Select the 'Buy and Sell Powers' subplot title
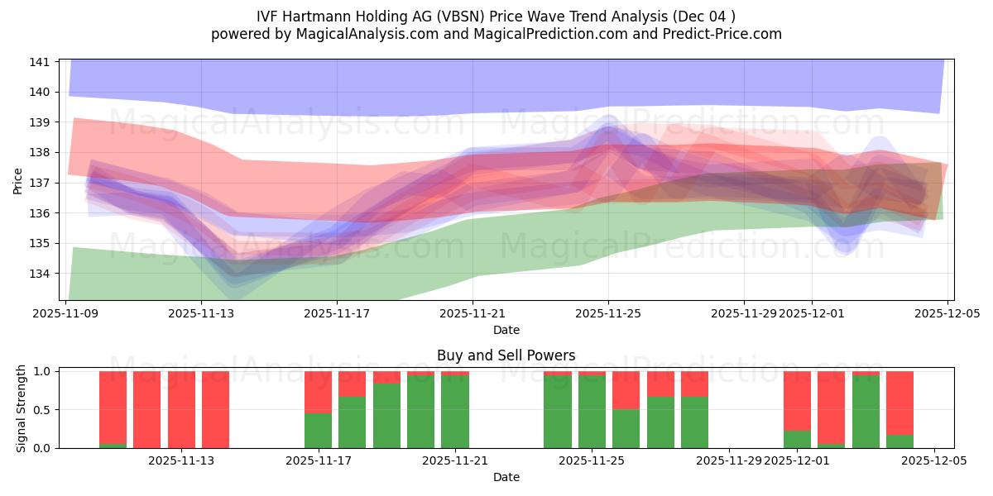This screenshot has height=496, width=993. (x=506, y=355)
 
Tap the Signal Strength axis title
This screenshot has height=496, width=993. (x=22, y=409)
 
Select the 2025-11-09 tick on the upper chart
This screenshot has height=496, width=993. (x=65, y=313)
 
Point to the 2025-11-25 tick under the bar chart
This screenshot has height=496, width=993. (x=592, y=461)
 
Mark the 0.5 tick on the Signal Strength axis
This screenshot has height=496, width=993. (x=41, y=410)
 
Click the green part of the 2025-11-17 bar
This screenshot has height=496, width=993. (x=318, y=430)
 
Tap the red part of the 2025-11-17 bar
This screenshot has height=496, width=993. (x=318, y=392)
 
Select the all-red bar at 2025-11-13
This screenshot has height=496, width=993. (x=215, y=409)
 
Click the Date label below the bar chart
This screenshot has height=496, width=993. (x=506, y=477)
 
